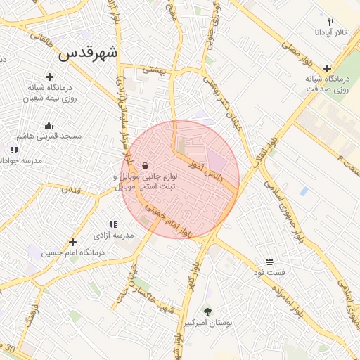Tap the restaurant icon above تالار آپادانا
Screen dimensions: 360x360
click(331, 22)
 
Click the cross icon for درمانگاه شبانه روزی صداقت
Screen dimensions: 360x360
click(328, 68)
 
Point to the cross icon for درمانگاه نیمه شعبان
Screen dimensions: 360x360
click(49, 77)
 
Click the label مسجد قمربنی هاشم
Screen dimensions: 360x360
click(51, 135)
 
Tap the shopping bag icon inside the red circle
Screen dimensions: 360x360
click(145, 166)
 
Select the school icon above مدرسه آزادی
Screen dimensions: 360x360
click(114, 224)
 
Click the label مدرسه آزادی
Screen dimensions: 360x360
click(114, 235)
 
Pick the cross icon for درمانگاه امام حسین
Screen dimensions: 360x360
click(72, 243)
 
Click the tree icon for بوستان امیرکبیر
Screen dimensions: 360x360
click(207, 311)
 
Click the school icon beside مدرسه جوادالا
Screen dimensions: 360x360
click(13, 150)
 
